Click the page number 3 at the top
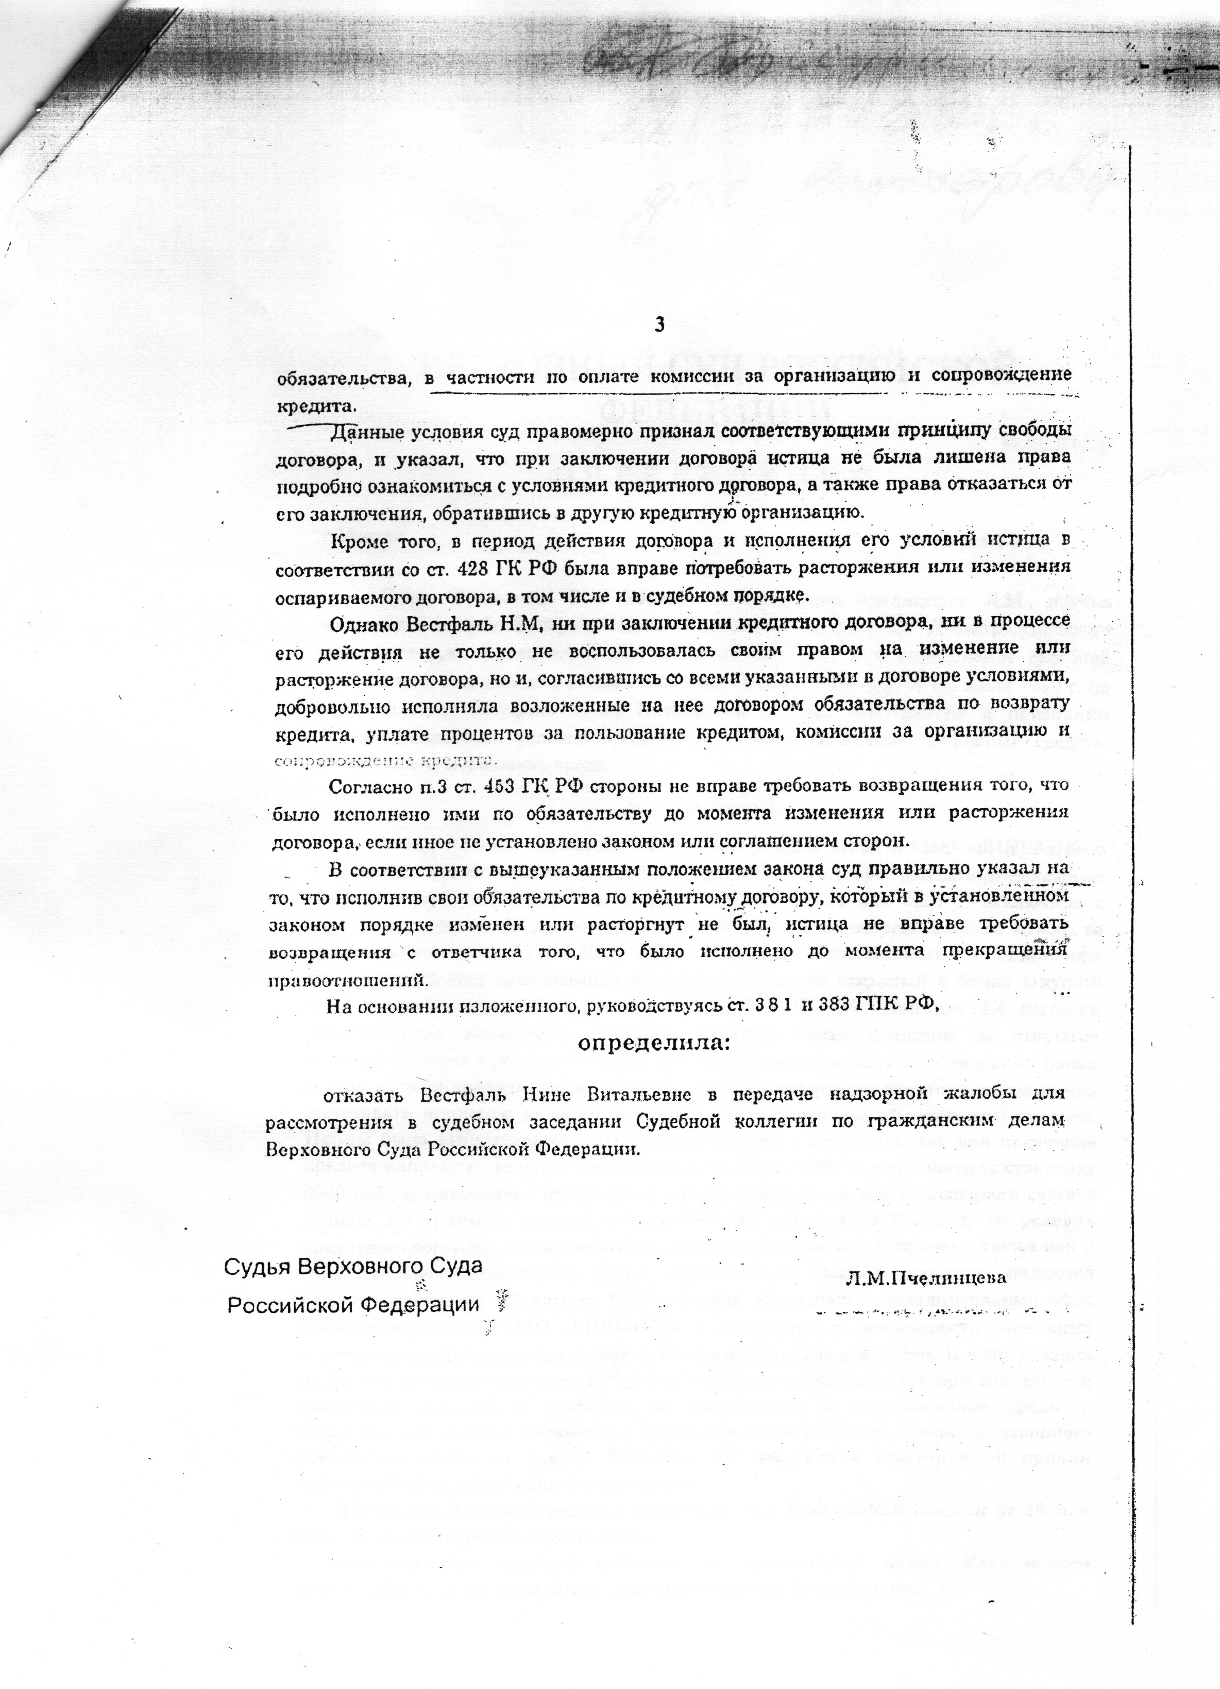pos(658,324)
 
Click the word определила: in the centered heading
pos(655,1044)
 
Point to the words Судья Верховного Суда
pos(354,1266)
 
